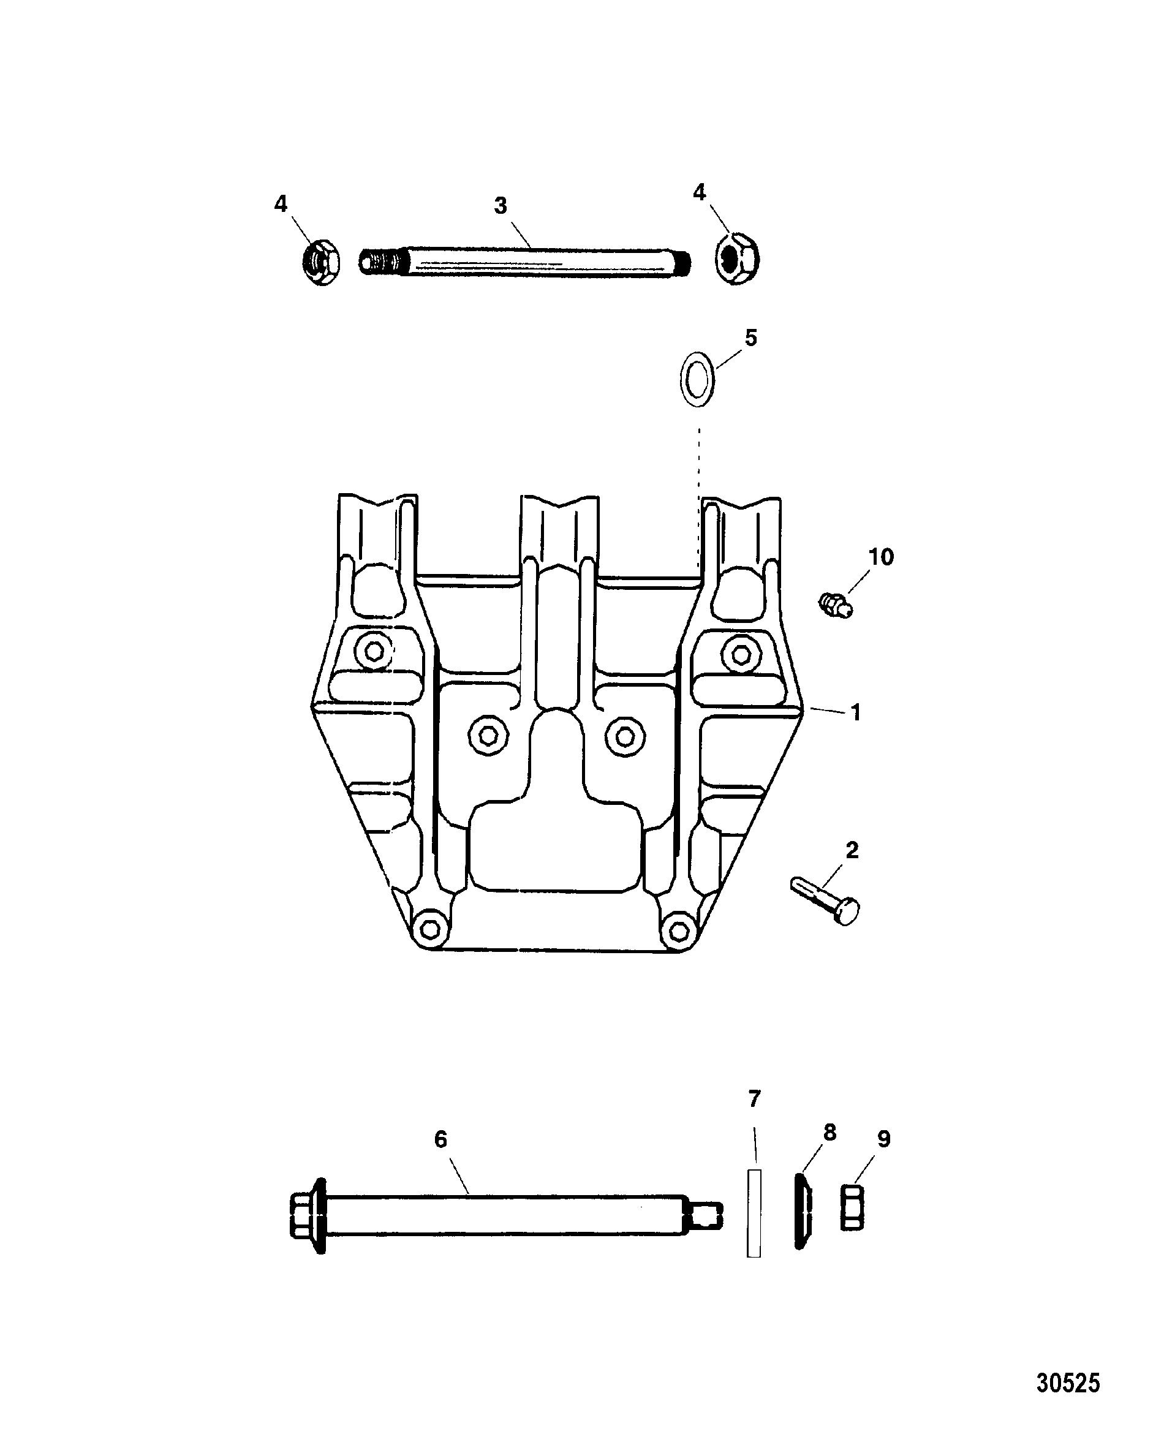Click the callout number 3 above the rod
click(x=500, y=206)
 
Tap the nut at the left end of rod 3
click(x=321, y=262)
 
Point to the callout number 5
click(x=751, y=338)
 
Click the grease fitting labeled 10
click(x=836, y=604)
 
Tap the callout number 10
click(x=881, y=556)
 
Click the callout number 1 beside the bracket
click(x=856, y=712)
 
